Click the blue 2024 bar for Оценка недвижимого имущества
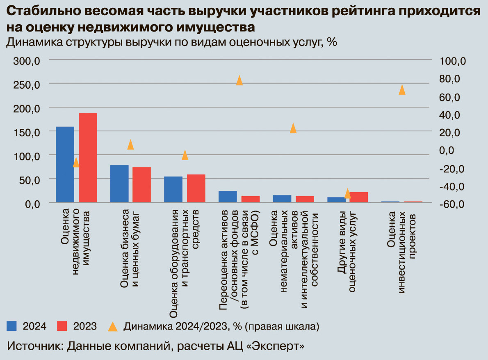point(65,164)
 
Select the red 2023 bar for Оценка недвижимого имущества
point(88,158)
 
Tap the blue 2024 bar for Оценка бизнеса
point(119,183)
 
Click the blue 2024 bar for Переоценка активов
point(228,196)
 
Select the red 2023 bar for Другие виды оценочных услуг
point(359,197)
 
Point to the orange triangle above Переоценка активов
point(239,80)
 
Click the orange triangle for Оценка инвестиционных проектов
point(402,90)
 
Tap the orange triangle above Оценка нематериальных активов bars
point(293,128)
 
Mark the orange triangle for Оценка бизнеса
point(130,144)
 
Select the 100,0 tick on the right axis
point(453,62)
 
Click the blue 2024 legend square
point(12,326)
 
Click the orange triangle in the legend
point(112,326)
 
